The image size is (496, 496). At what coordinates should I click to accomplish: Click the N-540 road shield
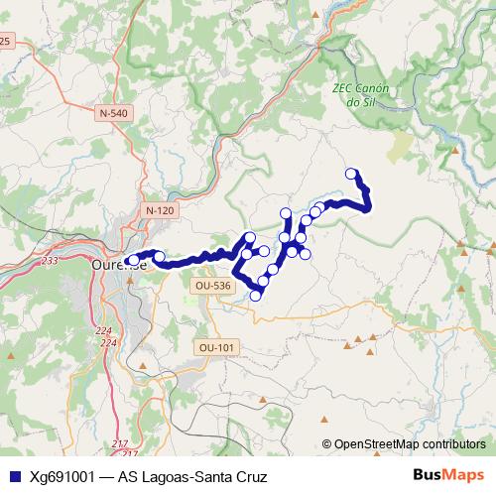[x=114, y=114]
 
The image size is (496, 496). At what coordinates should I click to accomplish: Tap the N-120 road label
[x=159, y=211]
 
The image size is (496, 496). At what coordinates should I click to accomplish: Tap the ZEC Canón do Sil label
[x=360, y=94]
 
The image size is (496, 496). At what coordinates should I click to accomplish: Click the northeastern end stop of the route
[x=350, y=174]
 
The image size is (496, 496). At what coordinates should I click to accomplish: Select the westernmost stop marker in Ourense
[x=134, y=260]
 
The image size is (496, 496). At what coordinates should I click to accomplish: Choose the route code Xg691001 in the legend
[x=63, y=477]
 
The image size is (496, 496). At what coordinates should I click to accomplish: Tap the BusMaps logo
[x=448, y=476]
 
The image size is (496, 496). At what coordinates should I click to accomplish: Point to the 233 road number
[x=51, y=261]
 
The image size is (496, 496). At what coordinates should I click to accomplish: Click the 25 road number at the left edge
[x=5, y=41]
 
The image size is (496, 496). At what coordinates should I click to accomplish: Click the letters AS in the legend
[x=127, y=477]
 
